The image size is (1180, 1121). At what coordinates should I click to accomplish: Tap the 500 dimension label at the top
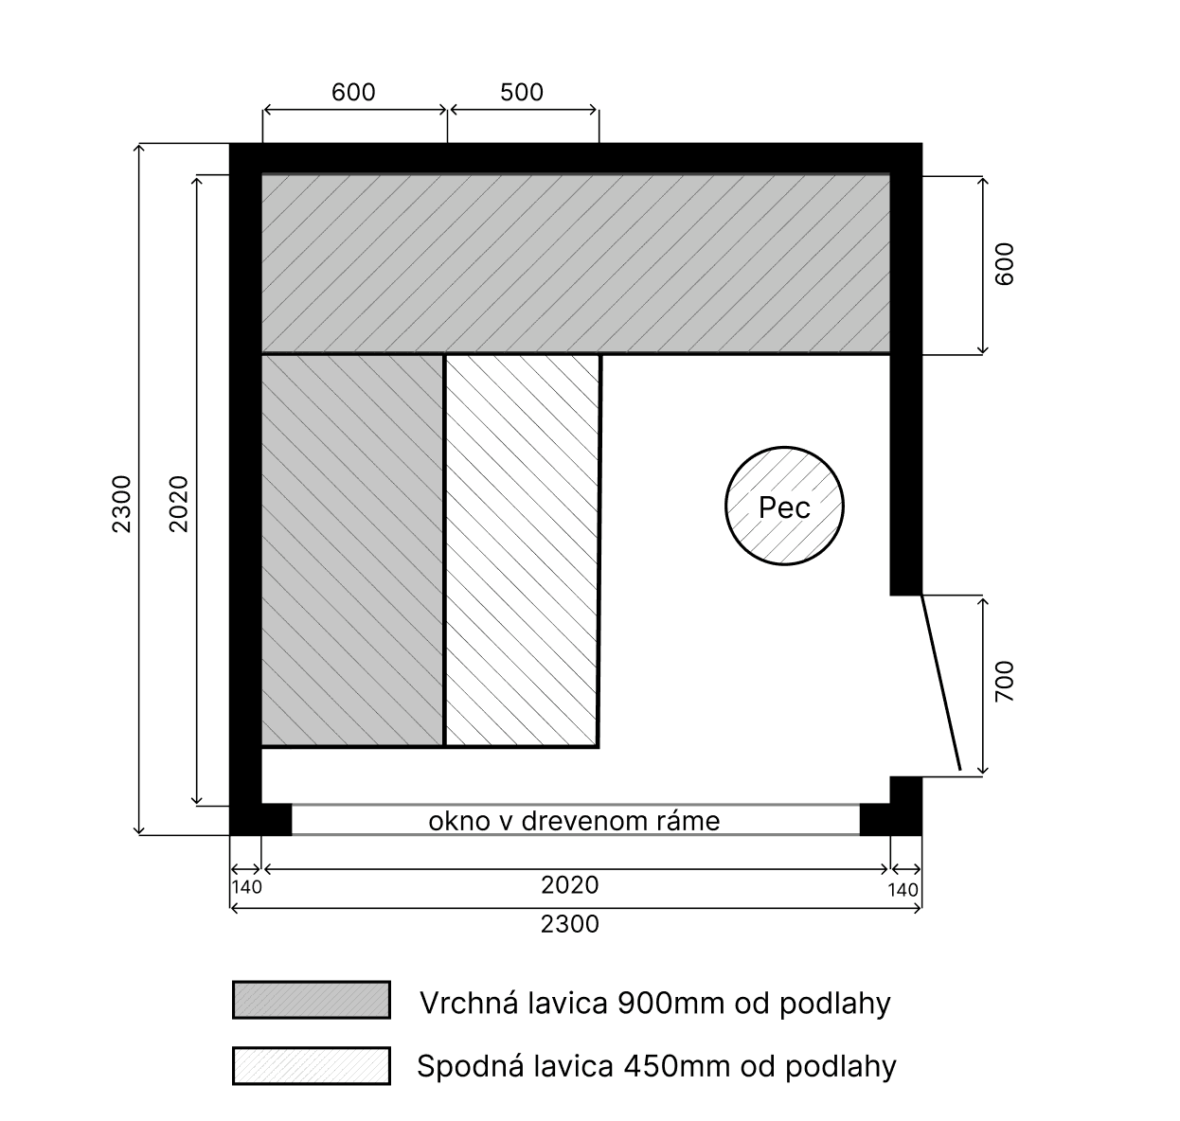[x=522, y=92]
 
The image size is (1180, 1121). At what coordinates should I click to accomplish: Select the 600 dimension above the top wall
[x=353, y=92]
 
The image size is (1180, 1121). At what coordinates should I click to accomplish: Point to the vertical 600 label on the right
[x=1005, y=264]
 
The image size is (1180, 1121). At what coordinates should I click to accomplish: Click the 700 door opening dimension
[x=1005, y=682]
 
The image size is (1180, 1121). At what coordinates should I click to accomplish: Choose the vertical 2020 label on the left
[x=180, y=503]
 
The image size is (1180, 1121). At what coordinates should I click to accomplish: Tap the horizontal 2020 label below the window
[x=570, y=885]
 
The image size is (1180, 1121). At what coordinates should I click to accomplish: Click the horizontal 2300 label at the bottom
[x=570, y=923]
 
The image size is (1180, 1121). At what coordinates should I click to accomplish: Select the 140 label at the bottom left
[x=246, y=888]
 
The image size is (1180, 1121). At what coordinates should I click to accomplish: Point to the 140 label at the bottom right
[x=903, y=890]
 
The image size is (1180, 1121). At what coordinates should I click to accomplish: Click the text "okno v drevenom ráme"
[x=574, y=821]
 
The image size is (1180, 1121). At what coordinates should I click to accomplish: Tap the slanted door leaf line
[x=941, y=682]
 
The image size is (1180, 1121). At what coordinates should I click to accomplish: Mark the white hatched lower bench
[x=522, y=549]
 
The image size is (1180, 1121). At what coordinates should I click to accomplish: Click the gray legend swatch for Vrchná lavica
[x=311, y=1000]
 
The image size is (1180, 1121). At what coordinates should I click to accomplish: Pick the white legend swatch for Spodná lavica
[x=311, y=1065]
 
